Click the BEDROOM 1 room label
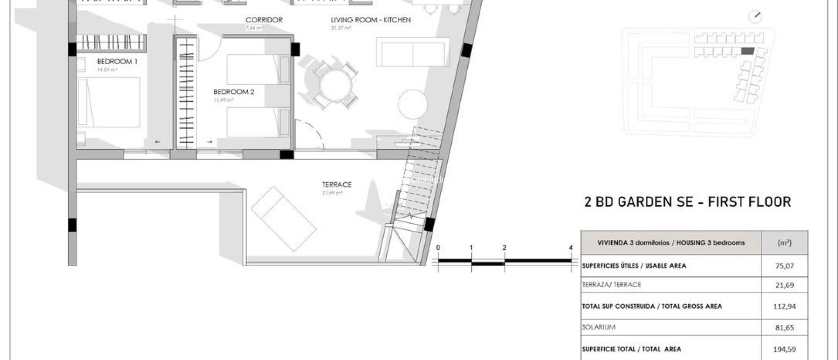click(117, 62)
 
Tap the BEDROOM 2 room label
click(234, 92)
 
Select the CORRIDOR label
click(264, 20)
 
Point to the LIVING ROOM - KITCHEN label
click(371, 20)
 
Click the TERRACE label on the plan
click(336, 184)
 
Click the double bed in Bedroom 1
click(109, 102)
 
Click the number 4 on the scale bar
click(571, 248)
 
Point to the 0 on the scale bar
click(438, 248)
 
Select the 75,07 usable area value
click(784, 266)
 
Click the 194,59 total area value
click(784, 349)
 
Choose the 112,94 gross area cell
click(784, 306)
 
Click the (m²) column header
click(784, 243)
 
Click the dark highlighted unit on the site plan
click(747, 51)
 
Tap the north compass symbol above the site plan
click(755, 17)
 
